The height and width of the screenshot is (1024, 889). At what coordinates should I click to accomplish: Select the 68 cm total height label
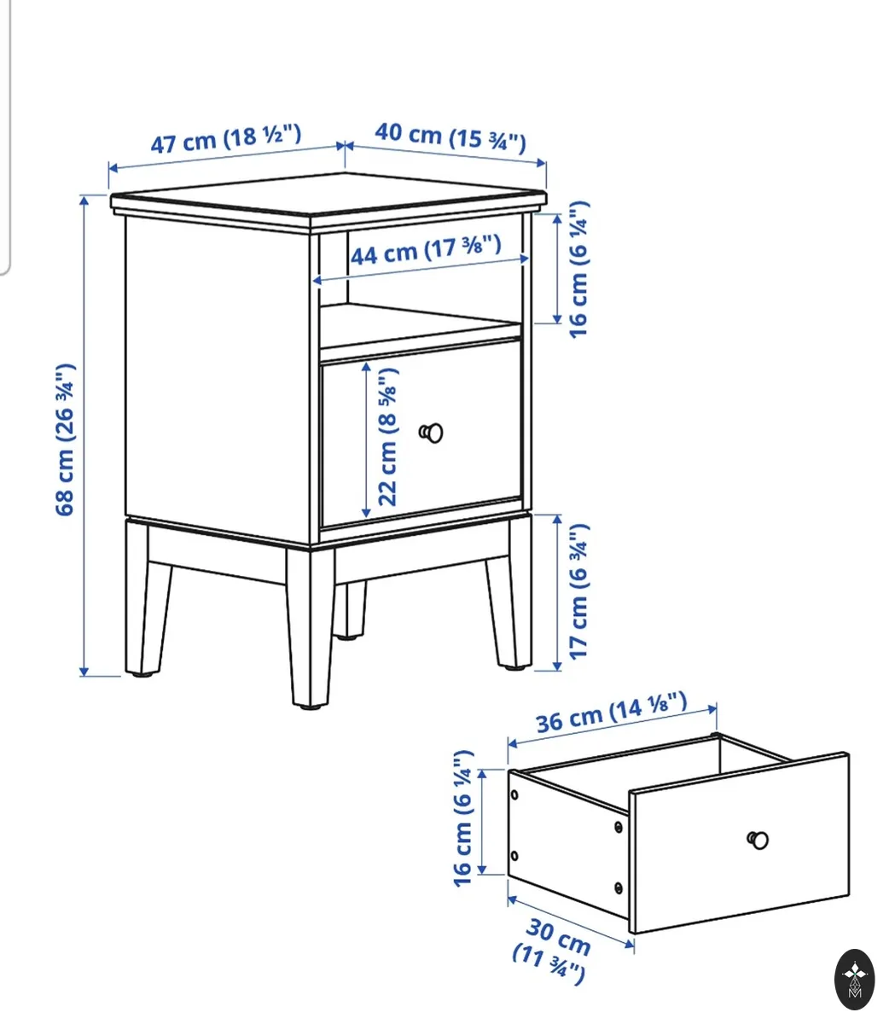tap(65, 439)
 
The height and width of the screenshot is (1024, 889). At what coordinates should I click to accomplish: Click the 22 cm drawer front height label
tap(387, 437)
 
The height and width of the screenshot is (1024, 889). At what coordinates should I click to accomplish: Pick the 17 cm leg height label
tap(578, 591)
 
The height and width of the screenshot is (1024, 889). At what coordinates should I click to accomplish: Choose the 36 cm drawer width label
tap(611, 713)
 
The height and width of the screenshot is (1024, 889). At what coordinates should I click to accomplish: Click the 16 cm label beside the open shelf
tap(578, 270)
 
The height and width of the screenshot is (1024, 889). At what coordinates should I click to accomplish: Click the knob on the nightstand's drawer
tap(431, 433)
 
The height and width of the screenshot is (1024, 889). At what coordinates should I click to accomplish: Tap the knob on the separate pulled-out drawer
tap(758, 841)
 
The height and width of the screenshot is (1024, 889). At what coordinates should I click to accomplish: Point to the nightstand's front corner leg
tap(311, 626)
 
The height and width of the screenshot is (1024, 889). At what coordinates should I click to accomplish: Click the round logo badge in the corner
tap(855, 980)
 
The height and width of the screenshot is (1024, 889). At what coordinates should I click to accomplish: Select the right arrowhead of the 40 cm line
tap(541, 163)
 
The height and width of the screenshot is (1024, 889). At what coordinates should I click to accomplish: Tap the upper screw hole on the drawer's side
tap(514, 794)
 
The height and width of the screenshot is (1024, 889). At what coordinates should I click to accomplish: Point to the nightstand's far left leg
tap(143, 598)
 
